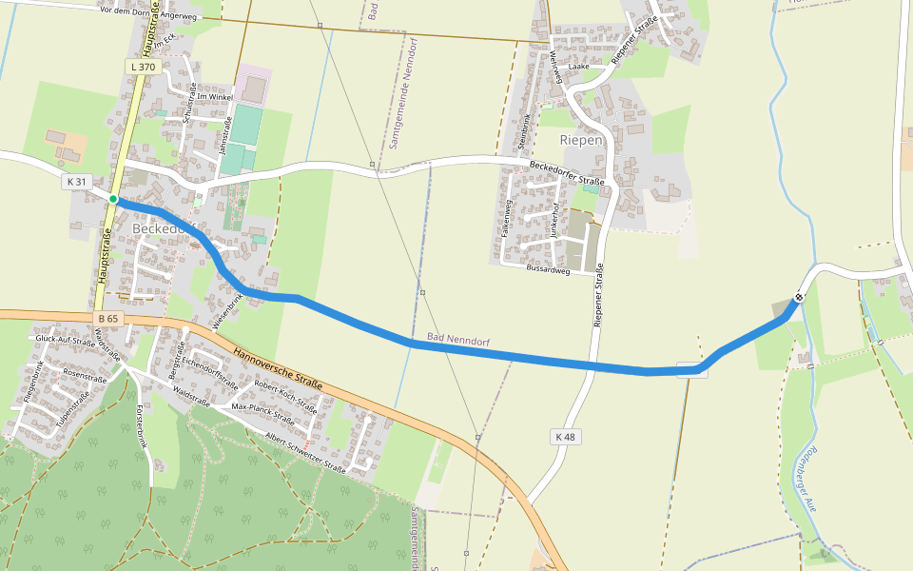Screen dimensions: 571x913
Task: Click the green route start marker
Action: point(113,199)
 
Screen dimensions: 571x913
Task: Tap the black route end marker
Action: point(799,297)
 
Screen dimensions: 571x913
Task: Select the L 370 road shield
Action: point(141,67)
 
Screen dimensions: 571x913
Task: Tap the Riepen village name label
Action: point(581,140)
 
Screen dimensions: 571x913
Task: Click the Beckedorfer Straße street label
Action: point(567,174)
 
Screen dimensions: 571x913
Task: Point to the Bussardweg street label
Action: point(547,270)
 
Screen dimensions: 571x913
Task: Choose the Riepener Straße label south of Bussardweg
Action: point(598,299)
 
